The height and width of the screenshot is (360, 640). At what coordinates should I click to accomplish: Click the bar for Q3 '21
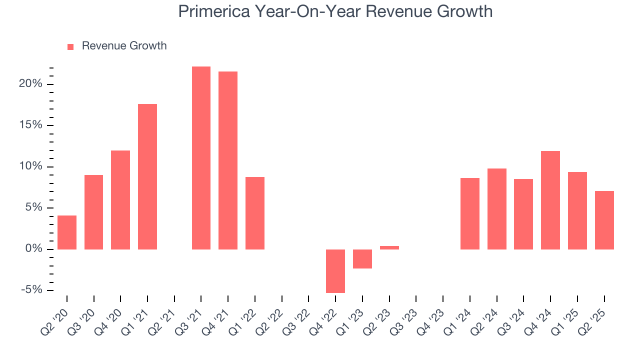(201, 157)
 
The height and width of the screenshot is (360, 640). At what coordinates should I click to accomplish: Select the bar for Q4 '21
(228, 160)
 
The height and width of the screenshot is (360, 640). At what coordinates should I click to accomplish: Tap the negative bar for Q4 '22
(335, 271)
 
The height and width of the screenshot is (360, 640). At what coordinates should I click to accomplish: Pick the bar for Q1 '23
(362, 259)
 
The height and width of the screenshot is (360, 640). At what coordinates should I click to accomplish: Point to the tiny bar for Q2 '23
(389, 247)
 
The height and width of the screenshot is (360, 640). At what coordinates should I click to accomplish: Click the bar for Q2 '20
(67, 232)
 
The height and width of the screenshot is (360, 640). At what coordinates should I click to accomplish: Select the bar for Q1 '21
(147, 176)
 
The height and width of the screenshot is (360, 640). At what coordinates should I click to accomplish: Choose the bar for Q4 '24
(550, 200)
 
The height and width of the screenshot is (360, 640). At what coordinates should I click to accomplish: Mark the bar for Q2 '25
(604, 220)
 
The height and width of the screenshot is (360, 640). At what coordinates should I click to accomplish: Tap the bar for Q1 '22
(255, 213)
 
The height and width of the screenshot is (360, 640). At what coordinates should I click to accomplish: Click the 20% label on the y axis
(30, 84)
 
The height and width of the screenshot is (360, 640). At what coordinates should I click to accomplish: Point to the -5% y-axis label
(30, 290)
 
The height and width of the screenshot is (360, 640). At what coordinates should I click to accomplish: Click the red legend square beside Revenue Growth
(70, 46)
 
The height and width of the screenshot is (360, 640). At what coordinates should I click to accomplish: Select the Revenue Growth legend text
(124, 46)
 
